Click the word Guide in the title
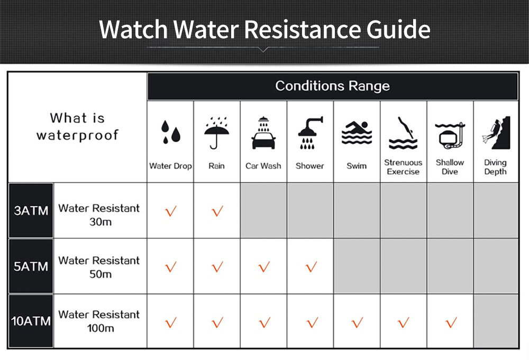click(398, 29)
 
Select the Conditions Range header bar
click(333, 86)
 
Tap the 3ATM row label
click(31, 211)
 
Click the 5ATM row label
click(31, 266)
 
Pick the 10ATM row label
click(31, 321)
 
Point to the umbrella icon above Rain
click(216, 133)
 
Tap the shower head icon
click(310, 133)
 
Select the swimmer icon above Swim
click(357, 133)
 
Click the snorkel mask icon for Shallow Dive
click(450, 136)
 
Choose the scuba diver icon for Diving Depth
click(496, 133)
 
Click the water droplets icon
click(171, 132)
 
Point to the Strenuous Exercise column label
click(403, 167)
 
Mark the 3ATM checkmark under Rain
click(217, 211)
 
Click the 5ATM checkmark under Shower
click(311, 267)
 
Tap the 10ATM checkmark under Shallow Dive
click(451, 322)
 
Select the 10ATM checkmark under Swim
click(358, 322)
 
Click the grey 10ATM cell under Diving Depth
click(496, 321)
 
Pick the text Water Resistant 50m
click(99, 267)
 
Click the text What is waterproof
click(78, 126)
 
